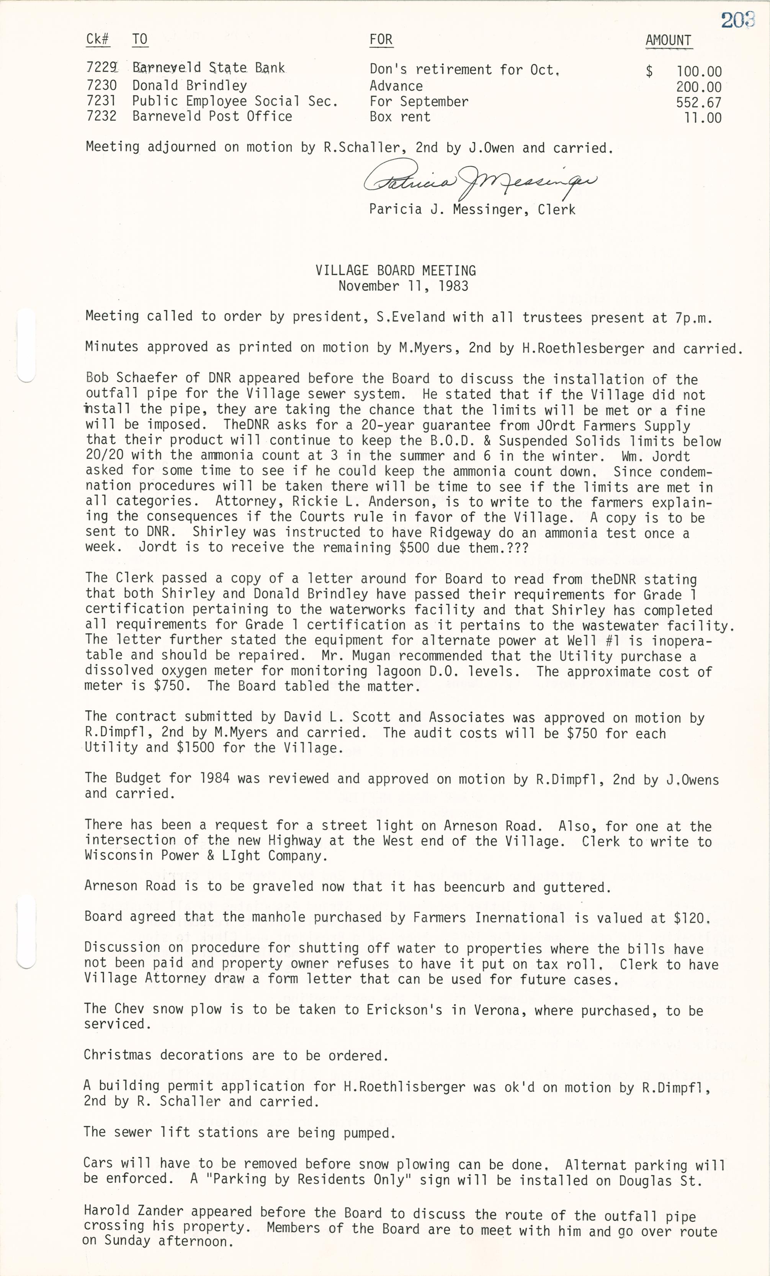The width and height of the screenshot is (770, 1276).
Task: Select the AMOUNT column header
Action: [668, 40]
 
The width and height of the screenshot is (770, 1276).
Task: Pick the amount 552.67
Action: [698, 102]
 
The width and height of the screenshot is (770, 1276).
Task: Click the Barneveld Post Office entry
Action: [212, 116]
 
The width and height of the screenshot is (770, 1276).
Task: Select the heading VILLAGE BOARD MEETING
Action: [396, 270]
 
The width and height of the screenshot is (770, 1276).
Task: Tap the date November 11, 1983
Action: [403, 286]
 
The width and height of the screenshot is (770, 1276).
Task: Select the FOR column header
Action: [381, 40]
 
